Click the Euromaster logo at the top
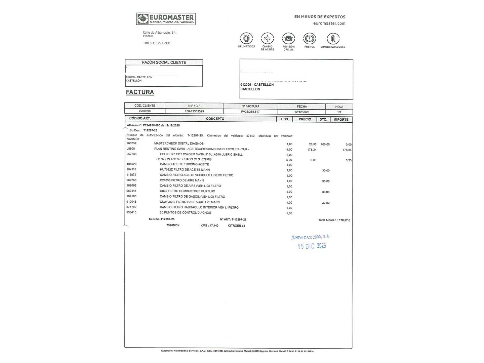pyautogui.click(x=166, y=19)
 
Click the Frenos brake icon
pyautogui.click(x=309, y=38)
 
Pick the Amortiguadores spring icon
pyautogui.click(x=333, y=38)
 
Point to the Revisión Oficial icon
pyautogui.click(x=288, y=38)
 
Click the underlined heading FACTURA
pyautogui.click(x=140, y=92)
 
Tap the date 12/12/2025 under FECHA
pyautogui.click(x=302, y=112)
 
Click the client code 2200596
pyautogui.click(x=145, y=111)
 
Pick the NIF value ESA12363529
pyautogui.click(x=194, y=111)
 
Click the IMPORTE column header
pyautogui.click(x=341, y=120)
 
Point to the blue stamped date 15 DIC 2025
pyautogui.click(x=312, y=246)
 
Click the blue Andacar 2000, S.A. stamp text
pyautogui.click(x=311, y=237)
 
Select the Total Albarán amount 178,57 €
pyautogui.click(x=344, y=220)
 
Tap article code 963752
pyautogui.click(x=131, y=143)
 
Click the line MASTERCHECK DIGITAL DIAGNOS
pyautogui.click(x=179, y=144)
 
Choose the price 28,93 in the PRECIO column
pyautogui.click(x=313, y=145)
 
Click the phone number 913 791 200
pyautogui.click(x=160, y=43)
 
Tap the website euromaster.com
pyautogui.click(x=329, y=24)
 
